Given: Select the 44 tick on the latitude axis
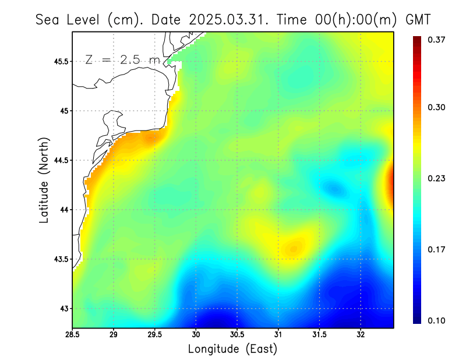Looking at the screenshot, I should [x=62, y=210].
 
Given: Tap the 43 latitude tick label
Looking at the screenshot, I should [x=62, y=309].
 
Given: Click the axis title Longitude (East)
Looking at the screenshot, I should [x=232, y=349].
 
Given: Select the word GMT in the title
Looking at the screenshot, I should [x=418, y=19].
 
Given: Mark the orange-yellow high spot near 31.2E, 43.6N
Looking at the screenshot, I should [x=294, y=247].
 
